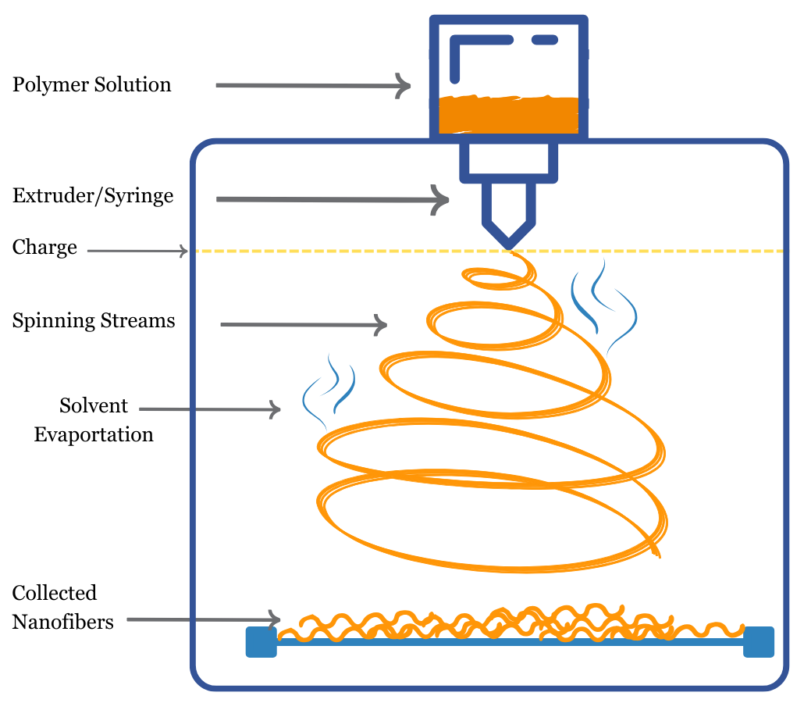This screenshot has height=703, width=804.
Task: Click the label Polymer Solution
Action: [91, 84]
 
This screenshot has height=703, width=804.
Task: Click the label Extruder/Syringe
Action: [93, 196]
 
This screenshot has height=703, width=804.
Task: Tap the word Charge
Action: [44, 248]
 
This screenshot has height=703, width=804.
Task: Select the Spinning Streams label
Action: [94, 321]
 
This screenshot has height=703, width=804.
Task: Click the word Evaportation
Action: [94, 434]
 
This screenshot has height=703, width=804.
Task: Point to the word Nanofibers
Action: [63, 622]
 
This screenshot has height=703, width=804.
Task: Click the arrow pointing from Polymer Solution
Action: [312, 85]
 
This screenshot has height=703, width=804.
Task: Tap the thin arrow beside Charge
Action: [137, 251]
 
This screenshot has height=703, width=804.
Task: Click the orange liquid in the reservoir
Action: [508, 115]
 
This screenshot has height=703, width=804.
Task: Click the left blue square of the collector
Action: [261, 642]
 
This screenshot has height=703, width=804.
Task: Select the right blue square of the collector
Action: [758, 641]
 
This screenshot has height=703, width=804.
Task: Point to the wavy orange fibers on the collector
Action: [507, 623]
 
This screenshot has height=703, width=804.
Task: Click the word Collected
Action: [55, 593]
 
